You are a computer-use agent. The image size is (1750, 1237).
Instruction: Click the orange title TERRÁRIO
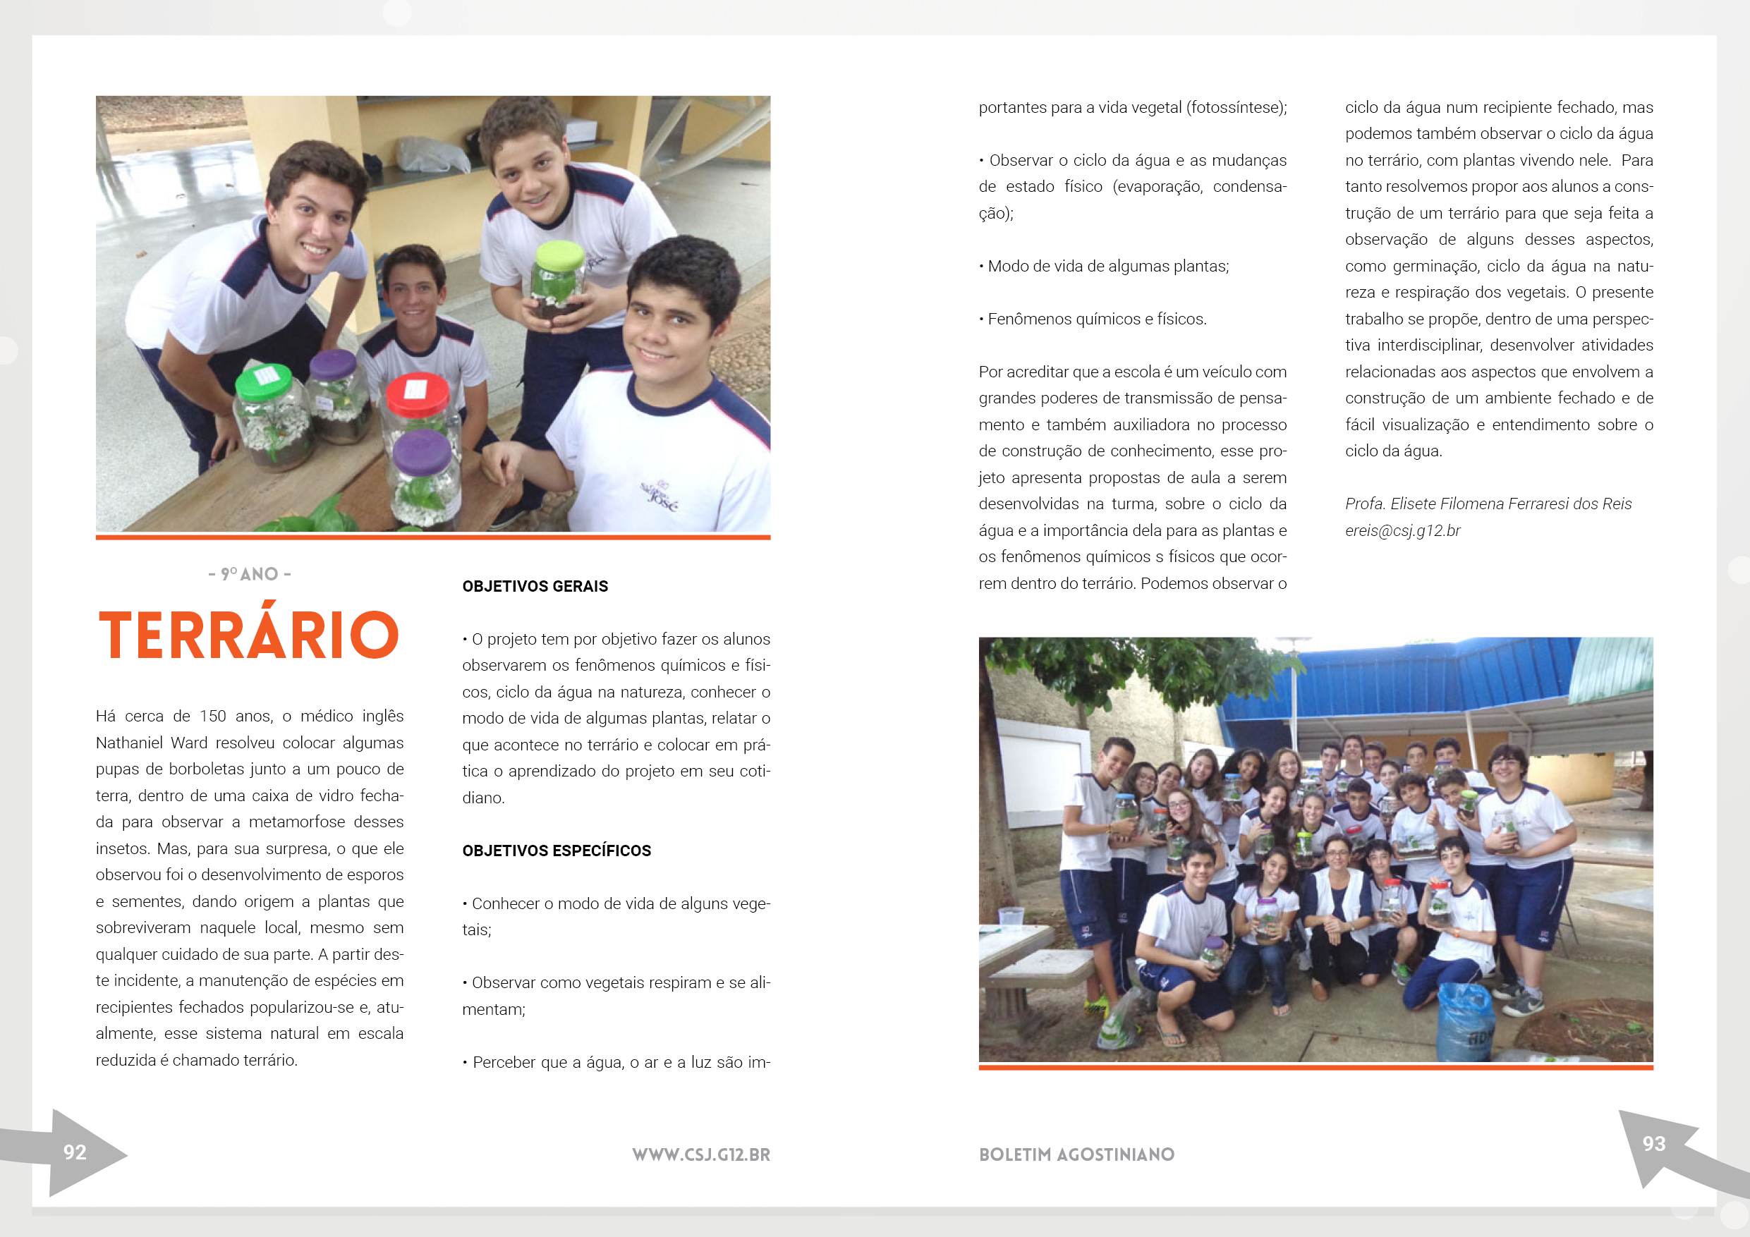pyautogui.click(x=248, y=635)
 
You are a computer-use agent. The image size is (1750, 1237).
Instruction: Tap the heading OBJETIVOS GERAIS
pyautogui.click(x=535, y=586)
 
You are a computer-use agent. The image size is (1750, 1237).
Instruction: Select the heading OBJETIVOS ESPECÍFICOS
pyautogui.click(x=557, y=851)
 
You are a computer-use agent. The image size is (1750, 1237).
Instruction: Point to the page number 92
pyautogui.click(x=75, y=1152)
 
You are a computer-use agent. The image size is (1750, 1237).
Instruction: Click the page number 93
pyautogui.click(x=1653, y=1143)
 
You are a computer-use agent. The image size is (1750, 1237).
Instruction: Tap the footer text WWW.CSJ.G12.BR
pyautogui.click(x=700, y=1154)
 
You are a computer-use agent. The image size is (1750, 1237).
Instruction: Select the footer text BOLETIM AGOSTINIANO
pyautogui.click(x=1076, y=1154)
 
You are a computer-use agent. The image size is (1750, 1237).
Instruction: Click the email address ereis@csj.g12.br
pyautogui.click(x=1402, y=530)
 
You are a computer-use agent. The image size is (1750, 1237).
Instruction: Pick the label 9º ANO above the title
pyautogui.click(x=249, y=574)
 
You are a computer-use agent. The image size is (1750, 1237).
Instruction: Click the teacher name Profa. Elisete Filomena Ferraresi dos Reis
pyautogui.click(x=1488, y=504)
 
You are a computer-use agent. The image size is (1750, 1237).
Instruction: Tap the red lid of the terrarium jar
pyautogui.click(x=417, y=394)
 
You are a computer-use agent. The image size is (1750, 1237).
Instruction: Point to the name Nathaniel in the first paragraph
pyautogui.click(x=130, y=743)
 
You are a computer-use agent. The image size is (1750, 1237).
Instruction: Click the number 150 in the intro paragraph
pyautogui.click(x=212, y=717)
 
